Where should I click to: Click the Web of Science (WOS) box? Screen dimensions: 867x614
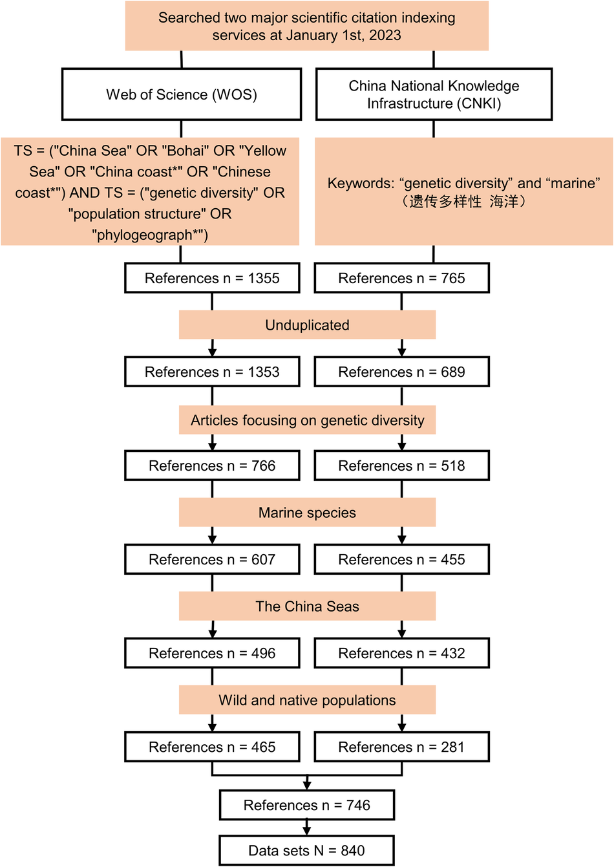[182, 94]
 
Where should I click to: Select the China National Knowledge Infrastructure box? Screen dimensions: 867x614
[434, 94]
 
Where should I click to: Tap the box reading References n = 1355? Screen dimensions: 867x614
[212, 278]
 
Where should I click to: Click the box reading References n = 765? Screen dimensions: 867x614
[401, 278]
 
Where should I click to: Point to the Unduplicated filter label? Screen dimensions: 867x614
[307, 325]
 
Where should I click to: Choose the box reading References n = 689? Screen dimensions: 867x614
[401, 372]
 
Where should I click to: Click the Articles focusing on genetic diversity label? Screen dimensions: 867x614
[307, 420]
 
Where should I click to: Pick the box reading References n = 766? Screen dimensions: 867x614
[212, 466]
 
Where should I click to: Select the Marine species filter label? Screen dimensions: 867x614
[307, 513]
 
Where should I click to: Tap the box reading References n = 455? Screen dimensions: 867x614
[401, 559]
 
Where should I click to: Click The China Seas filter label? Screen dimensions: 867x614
[307, 606]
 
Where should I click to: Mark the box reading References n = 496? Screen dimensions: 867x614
[212, 653]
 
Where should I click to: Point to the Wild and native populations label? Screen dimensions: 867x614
[307, 700]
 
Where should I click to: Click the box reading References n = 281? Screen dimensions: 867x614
[401, 747]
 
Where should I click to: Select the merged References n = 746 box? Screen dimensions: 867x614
[307, 805]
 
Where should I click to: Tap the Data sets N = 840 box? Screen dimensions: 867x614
[307, 850]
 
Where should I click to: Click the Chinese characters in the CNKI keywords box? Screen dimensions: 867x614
[463, 202]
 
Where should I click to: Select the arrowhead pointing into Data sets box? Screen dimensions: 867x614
[307, 830]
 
